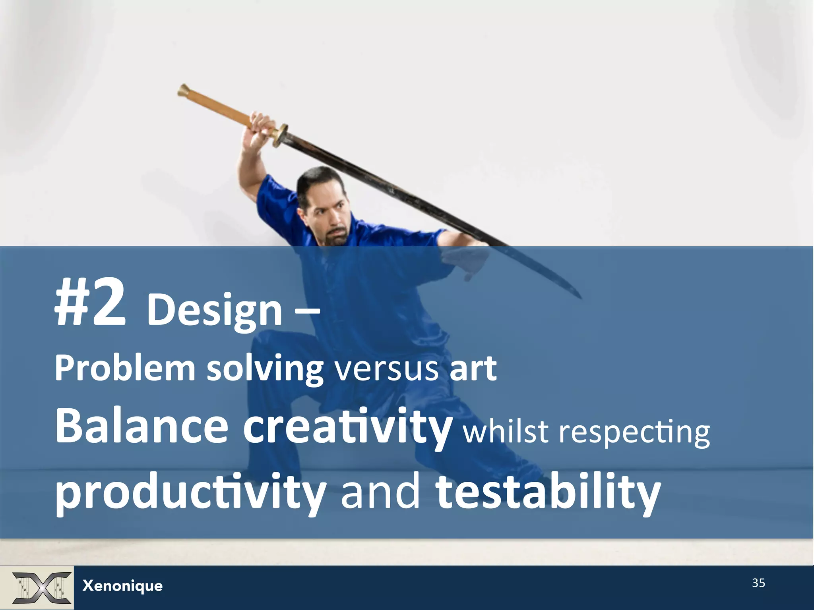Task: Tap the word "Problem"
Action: [x=125, y=369]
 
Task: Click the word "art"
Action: [x=473, y=369]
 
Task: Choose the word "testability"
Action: [x=548, y=492]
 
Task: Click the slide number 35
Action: [x=758, y=583]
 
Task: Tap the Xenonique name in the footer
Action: [x=122, y=586]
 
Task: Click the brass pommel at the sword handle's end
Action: [x=184, y=91]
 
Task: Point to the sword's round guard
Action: [x=281, y=135]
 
